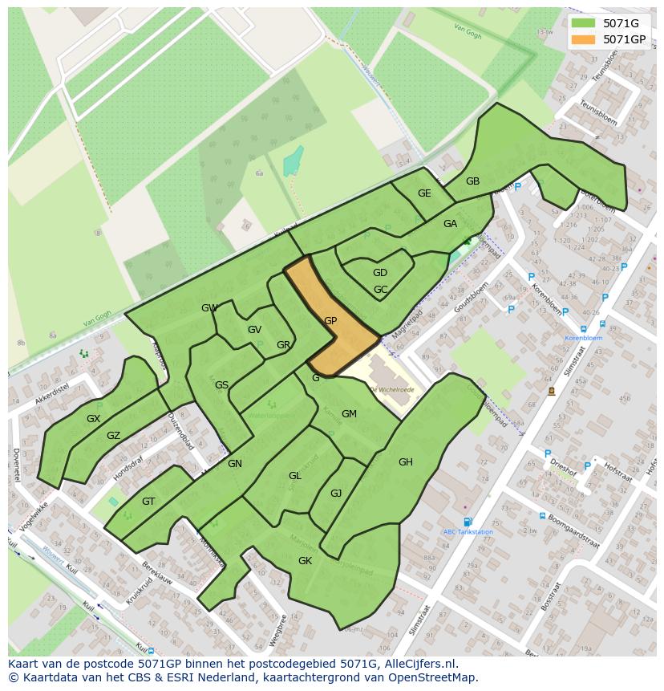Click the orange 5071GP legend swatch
click(x=585, y=39)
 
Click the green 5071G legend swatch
click(x=585, y=23)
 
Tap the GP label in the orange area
click(x=330, y=320)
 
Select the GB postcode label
click(x=472, y=181)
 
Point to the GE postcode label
click(x=424, y=193)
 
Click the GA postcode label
click(x=450, y=224)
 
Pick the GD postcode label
click(x=380, y=273)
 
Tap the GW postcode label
click(x=209, y=308)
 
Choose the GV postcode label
click(x=254, y=330)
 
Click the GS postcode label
click(x=221, y=385)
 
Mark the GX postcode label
click(x=93, y=419)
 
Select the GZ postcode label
click(x=113, y=436)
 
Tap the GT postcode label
click(x=148, y=502)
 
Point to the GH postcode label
click(x=406, y=461)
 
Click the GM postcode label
click(x=349, y=414)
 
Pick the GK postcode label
click(x=305, y=561)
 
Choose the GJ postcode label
click(x=336, y=493)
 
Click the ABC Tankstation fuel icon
click(x=468, y=522)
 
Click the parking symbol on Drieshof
click(x=548, y=453)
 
